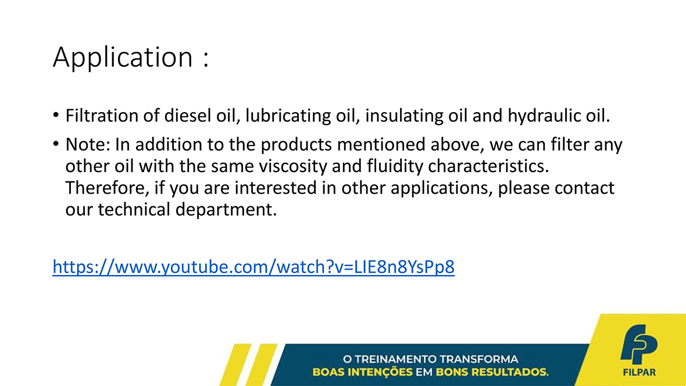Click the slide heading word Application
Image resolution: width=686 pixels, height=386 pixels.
tap(123, 58)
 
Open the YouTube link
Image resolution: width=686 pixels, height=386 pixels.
tap(253, 266)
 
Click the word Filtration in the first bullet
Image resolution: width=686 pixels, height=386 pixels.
tap(101, 116)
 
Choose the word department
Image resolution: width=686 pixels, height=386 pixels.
tap(226, 210)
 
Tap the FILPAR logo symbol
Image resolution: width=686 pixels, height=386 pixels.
tap(639, 344)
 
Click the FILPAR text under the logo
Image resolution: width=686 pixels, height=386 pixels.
tap(639, 373)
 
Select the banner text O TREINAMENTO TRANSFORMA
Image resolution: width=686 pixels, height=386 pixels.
tap(431, 359)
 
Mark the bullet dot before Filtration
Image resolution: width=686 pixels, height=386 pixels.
tap(56, 115)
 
